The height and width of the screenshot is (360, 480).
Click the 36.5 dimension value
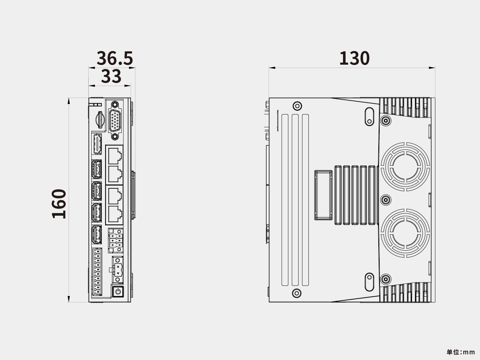tap(115, 58)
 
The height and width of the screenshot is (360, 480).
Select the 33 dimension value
tap(111, 76)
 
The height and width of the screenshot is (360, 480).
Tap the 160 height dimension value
tap(59, 204)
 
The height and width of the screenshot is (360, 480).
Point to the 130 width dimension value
tap(354, 58)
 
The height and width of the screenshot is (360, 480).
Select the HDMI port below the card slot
tap(97, 144)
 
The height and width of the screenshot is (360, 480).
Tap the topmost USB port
tap(97, 169)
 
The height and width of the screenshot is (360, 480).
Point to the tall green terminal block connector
tap(97, 272)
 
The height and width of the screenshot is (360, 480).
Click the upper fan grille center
tap(405, 167)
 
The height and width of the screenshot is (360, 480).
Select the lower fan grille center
tap(405, 233)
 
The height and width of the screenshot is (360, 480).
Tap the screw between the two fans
tap(386, 200)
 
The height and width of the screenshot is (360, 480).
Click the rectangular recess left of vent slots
tap(323, 195)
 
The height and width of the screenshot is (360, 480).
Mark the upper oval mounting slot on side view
tap(369, 117)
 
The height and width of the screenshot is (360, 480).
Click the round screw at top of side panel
tap(297, 106)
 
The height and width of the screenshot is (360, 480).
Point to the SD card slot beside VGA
tap(100, 120)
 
